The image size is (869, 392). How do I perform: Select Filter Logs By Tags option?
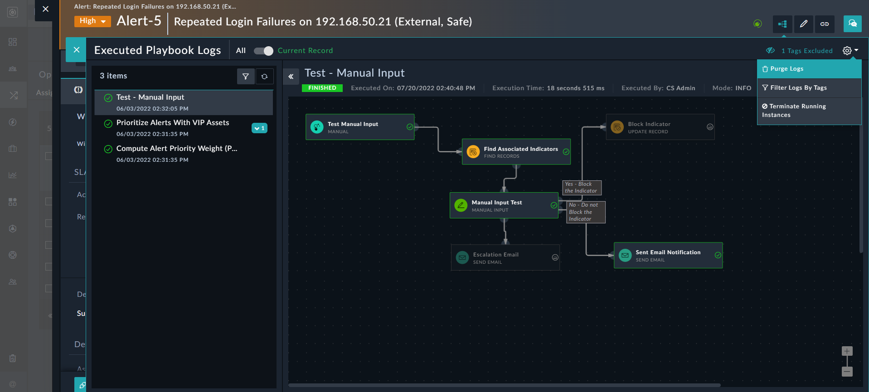798,88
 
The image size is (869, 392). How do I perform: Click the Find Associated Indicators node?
516,152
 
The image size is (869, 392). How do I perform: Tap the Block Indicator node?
660,127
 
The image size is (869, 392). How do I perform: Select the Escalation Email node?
505,258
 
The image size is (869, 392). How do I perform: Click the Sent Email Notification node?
668,256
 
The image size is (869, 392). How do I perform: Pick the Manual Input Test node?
504,206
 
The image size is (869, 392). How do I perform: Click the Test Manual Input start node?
359,127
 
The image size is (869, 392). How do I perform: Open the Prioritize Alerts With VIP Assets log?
172,123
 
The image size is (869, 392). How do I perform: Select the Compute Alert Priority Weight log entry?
176,149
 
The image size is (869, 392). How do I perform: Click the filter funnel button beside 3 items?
246,77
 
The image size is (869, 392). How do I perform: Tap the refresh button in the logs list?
265,77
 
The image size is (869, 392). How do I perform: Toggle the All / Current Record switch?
263,51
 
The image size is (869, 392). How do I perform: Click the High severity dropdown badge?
92,21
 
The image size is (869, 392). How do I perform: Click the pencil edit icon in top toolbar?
803,24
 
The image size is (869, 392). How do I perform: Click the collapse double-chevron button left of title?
291,77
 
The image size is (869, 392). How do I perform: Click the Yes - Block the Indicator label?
581,188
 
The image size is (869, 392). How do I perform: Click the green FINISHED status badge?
322,88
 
